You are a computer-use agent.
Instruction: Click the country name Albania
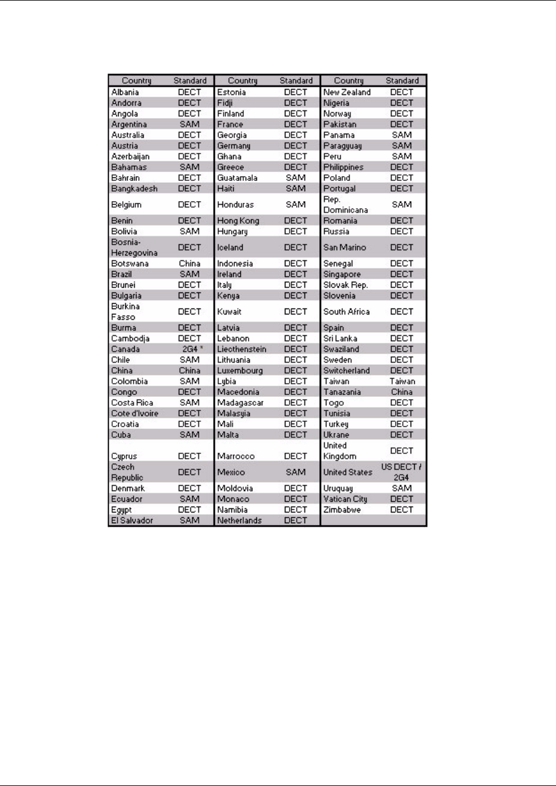(125, 93)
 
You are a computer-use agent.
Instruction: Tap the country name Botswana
(130, 263)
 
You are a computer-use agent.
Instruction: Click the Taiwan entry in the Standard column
(402, 381)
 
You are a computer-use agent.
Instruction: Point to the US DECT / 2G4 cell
(401, 472)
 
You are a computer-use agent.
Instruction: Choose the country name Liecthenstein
(242, 349)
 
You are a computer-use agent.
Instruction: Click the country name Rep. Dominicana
(345, 205)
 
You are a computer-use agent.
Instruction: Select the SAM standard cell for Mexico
(296, 472)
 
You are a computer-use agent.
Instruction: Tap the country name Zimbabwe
(342, 510)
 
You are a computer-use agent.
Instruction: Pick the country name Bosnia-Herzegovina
(134, 247)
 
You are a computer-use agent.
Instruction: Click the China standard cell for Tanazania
(402, 392)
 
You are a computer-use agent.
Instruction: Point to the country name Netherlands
(239, 520)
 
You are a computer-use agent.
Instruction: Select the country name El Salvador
(132, 520)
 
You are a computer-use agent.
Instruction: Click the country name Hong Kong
(238, 221)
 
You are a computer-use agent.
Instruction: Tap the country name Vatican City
(345, 499)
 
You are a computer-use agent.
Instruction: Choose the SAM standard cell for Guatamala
(296, 178)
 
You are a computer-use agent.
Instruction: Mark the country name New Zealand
(347, 93)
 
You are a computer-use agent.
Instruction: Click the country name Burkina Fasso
(125, 311)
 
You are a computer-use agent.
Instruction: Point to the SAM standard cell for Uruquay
(402, 488)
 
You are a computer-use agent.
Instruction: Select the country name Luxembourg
(240, 371)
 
